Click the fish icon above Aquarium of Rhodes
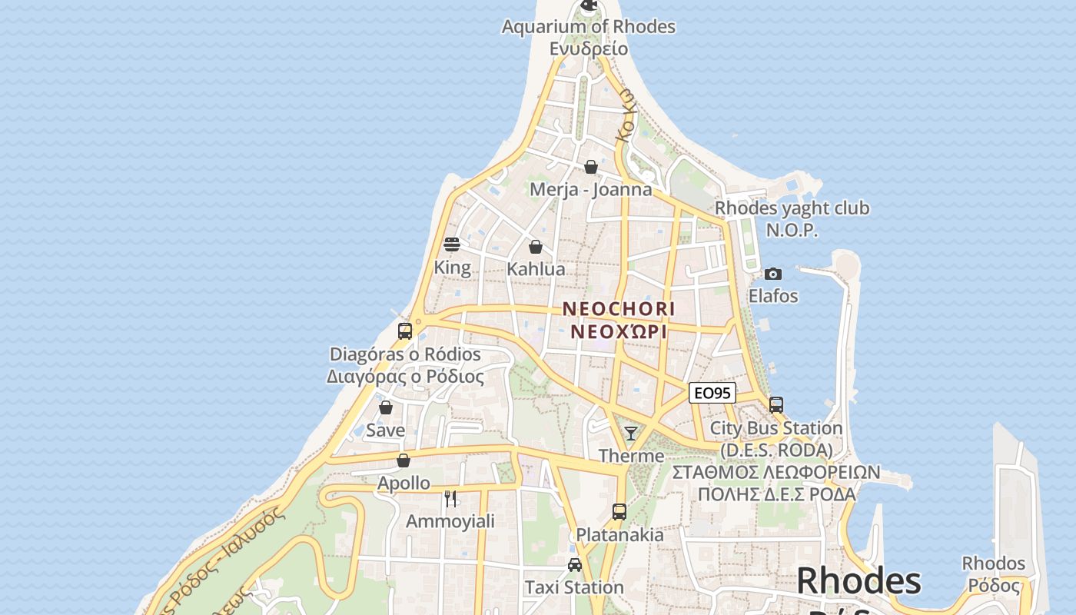click(589, 6)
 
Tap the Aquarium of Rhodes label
click(589, 27)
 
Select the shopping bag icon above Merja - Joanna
click(591, 167)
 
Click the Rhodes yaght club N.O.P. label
click(792, 218)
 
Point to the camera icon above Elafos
click(773, 274)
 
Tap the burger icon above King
click(452, 244)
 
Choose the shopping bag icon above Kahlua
click(536, 247)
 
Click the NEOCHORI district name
click(619, 309)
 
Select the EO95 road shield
click(712, 394)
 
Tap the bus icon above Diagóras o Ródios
click(405, 331)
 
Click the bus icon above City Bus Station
click(776, 405)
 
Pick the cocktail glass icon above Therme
click(631, 434)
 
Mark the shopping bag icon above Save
click(386, 407)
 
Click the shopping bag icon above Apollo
click(403, 460)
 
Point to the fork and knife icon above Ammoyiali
click(450, 499)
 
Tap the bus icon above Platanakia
click(619, 511)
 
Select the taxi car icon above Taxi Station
click(574, 565)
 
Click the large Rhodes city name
click(858, 581)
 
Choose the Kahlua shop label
click(536, 269)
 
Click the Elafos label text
click(773, 296)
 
